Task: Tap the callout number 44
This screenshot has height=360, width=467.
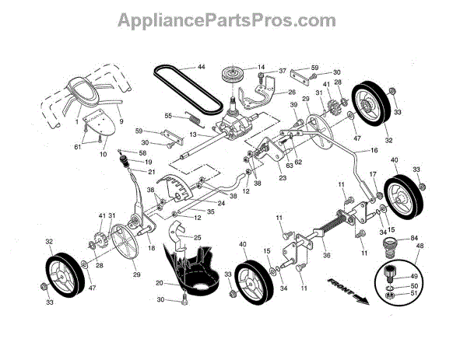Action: click(201, 68)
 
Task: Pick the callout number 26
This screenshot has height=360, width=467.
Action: click(270, 93)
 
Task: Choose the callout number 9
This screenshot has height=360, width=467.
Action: click(121, 121)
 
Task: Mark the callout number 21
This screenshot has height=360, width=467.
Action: click(152, 172)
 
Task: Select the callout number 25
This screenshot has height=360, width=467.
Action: click(197, 236)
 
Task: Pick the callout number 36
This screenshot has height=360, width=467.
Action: click(304, 253)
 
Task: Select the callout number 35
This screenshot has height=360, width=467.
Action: click(188, 211)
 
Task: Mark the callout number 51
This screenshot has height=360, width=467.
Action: click(413, 295)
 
